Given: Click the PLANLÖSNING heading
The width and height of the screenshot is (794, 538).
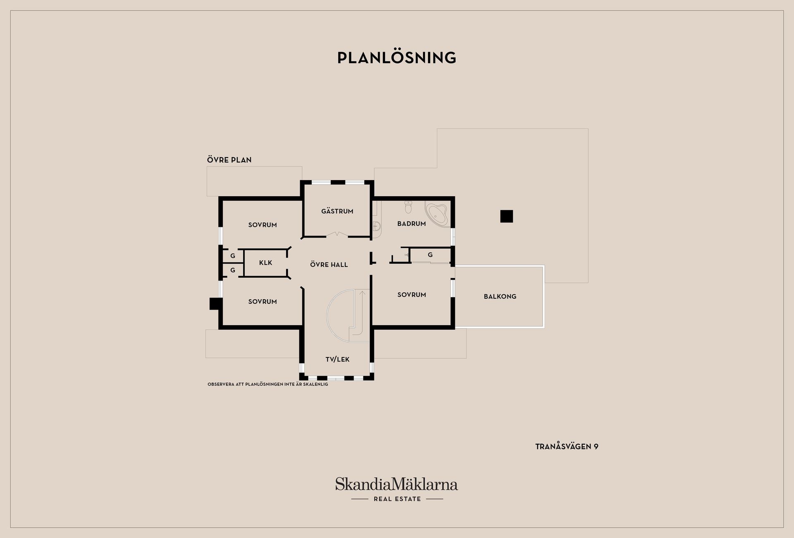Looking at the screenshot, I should (397, 58).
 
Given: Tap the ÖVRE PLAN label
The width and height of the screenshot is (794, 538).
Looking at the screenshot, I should (229, 160).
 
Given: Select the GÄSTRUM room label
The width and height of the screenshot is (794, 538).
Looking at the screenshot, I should (337, 211).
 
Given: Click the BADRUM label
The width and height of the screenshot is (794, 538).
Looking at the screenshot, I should (411, 224).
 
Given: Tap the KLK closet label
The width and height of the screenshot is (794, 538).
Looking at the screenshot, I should (265, 263).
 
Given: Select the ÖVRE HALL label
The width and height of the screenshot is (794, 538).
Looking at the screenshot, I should (329, 264).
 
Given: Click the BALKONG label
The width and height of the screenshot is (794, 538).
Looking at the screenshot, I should (500, 296).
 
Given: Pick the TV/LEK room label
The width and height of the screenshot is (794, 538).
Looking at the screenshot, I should (337, 359).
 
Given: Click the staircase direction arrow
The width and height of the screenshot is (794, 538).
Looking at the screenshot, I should (362, 294).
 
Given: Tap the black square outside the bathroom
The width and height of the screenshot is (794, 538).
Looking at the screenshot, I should (507, 216).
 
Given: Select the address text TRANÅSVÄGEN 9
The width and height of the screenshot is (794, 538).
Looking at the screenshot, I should (567, 447).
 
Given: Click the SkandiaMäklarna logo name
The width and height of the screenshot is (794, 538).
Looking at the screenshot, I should (397, 484).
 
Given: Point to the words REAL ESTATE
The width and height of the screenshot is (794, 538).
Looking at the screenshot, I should (397, 499).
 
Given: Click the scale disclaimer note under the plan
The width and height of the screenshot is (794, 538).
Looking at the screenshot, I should (268, 384).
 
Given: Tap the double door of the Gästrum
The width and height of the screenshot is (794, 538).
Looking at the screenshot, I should (337, 235).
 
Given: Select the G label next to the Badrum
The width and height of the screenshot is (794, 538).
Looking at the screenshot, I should (430, 255).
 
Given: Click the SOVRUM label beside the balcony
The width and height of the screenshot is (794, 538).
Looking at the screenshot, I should (411, 295).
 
